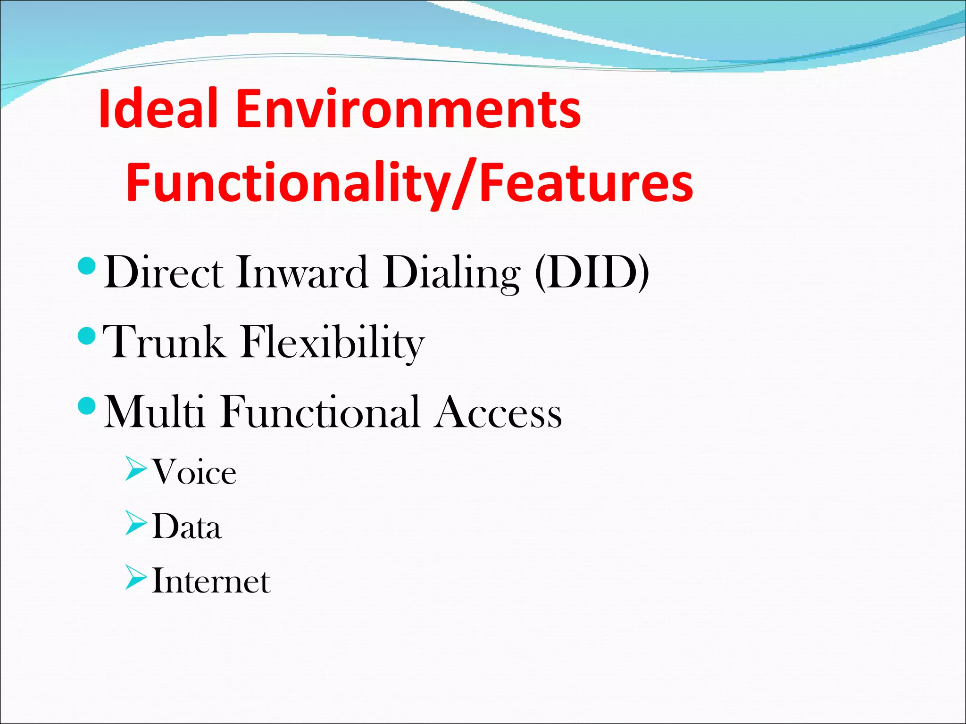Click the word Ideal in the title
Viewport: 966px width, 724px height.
[x=158, y=109]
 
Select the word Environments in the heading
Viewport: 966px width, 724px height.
[x=408, y=109]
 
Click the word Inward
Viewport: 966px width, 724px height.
[x=302, y=272]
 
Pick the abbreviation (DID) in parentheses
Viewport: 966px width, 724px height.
[x=592, y=272]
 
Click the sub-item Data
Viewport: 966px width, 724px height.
[x=187, y=527]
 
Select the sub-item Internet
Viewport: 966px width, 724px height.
[x=211, y=581]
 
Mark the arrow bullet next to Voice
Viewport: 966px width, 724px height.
[x=136, y=469]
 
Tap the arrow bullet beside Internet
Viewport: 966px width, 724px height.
[x=136, y=579]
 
